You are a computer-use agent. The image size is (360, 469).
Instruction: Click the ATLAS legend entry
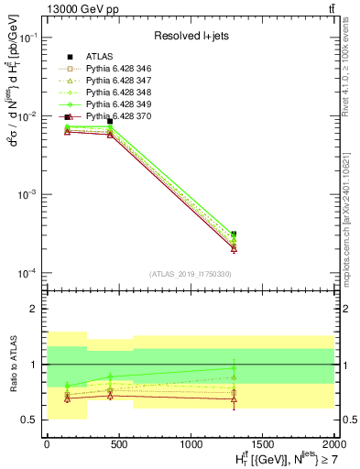coord(98,58)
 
